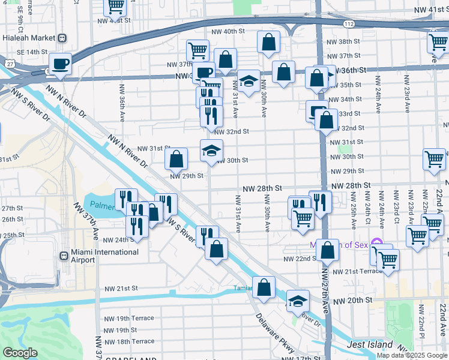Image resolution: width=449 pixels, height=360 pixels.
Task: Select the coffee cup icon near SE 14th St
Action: click(x=61, y=64)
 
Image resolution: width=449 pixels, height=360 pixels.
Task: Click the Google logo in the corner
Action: click(x=20, y=353)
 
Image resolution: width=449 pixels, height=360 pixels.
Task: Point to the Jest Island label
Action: click(x=370, y=345)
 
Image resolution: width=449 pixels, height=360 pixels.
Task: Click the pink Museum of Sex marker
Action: click(x=376, y=243)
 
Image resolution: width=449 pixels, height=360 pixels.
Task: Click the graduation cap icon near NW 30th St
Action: click(x=211, y=150)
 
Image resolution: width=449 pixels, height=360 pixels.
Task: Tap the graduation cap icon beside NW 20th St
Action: click(x=298, y=301)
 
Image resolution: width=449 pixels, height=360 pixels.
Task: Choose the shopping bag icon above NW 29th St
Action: click(x=176, y=159)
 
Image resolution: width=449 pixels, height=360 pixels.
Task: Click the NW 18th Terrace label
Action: click(x=129, y=341)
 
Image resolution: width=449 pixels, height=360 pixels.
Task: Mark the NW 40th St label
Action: click(x=229, y=31)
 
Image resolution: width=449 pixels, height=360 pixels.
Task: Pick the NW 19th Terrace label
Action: click(x=129, y=318)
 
